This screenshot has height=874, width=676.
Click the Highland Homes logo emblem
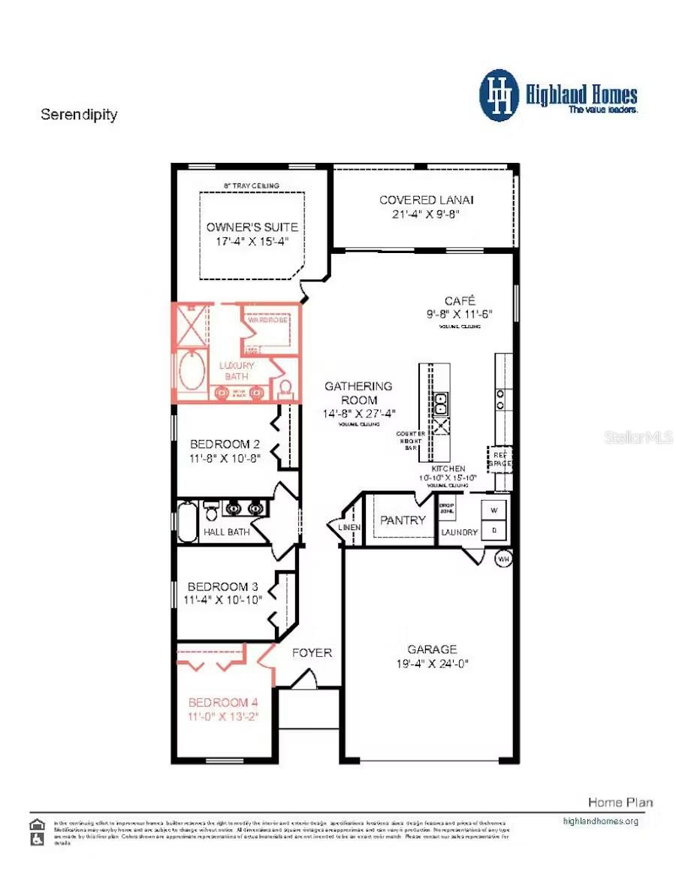pyautogui.click(x=499, y=95)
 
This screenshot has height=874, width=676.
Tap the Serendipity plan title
pyautogui.click(x=79, y=115)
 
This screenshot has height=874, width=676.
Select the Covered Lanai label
pyautogui.click(x=426, y=200)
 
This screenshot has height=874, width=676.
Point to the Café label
pyautogui.click(x=460, y=300)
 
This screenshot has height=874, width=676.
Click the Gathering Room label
pyautogui.click(x=358, y=393)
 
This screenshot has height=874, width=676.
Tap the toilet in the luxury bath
pyautogui.click(x=285, y=388)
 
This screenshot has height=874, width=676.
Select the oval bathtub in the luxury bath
pyautogui.click(x=191, y=369)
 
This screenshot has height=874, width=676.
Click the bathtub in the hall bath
pyautogui.click(x=187, y=521)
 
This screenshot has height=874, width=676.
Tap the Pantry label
pyautogui.click(x=403, y=520)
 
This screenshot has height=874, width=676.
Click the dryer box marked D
pyautogui.click(x=493, y=531)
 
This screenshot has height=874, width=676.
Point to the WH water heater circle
pyautogui.click(x=503, y=559)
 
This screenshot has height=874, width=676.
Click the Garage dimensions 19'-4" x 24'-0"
pyautogui.click(x=432, y=664)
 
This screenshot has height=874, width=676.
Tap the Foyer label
pyautogui.click(x=312, y=652)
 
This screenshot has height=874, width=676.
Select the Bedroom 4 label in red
pyautogui.click(x=223, y=702)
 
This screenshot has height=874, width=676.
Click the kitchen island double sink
pyautogui.click(x=441, y=404)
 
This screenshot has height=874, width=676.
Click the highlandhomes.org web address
pyautogui.click(x=600, y=821)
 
